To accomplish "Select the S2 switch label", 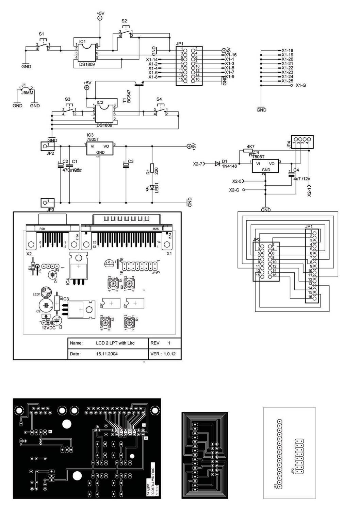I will click(124, 21).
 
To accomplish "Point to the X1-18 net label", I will click(287, 50).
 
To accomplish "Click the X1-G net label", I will click(300, 85).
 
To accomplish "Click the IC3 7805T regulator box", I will click(100, 149).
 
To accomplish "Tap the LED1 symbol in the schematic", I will click(152, 188).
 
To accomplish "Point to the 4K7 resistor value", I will click(247, 146).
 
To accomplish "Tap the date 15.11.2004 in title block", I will click(107, 354).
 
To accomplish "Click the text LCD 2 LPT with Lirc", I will click(115, 343).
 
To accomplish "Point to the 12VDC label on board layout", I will click(49, 328).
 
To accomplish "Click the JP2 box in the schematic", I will click(45, 146).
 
